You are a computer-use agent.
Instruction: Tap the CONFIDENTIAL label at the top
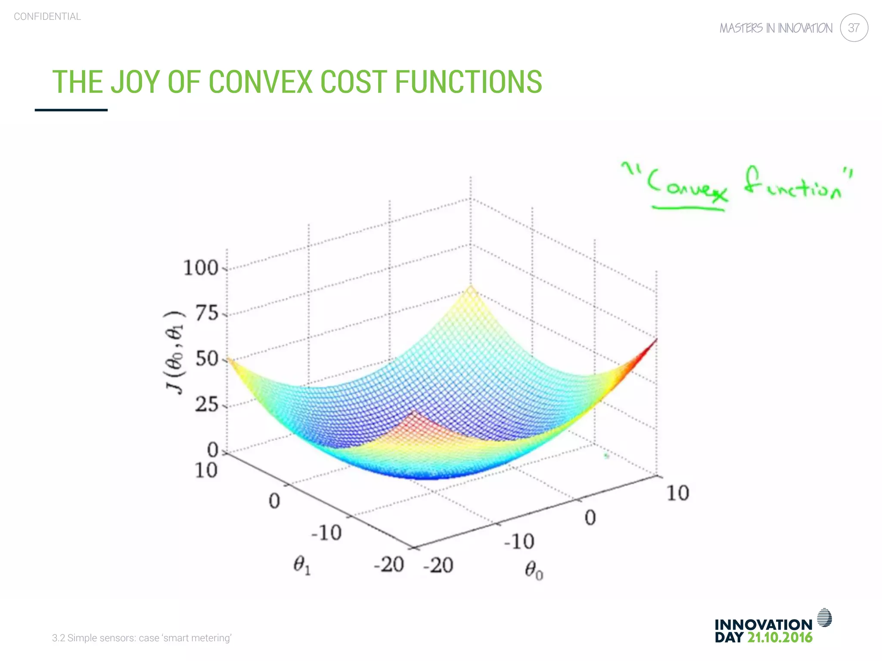point(47,16)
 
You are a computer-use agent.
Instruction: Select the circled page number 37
point(854,28)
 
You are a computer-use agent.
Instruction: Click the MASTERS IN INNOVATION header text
point(776,28)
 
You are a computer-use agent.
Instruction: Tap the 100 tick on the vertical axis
point(201,268)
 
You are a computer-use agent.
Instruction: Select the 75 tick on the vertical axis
point(207,313)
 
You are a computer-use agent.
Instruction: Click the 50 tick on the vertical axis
point(207,359)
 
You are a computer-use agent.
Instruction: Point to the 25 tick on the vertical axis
point(207,405)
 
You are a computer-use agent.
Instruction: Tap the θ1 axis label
point(301,565)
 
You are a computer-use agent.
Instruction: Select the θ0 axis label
point(534,571)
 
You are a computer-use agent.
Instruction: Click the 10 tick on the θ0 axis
point(678,493)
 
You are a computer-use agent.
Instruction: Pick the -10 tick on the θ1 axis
point(326,533)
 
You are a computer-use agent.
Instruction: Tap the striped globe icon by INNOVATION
point(824,618)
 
